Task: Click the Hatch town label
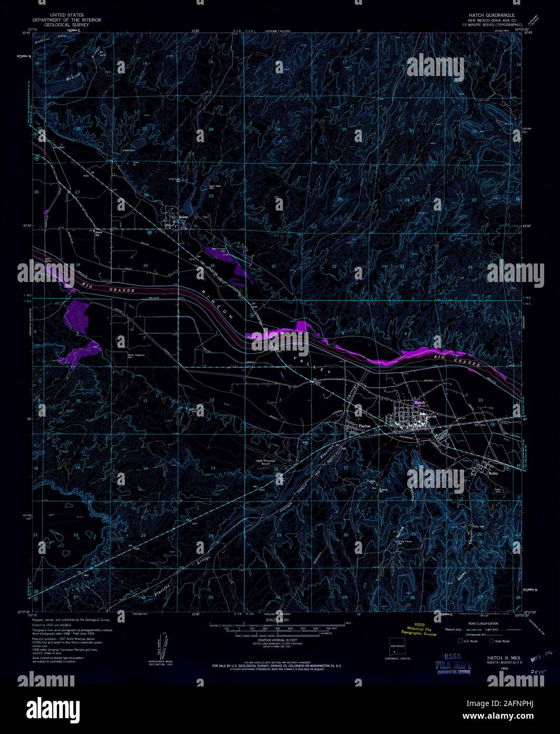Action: [x=420, y=402]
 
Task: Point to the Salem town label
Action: [x=184, y=217]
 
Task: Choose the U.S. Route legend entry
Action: [x=467, y=641]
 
